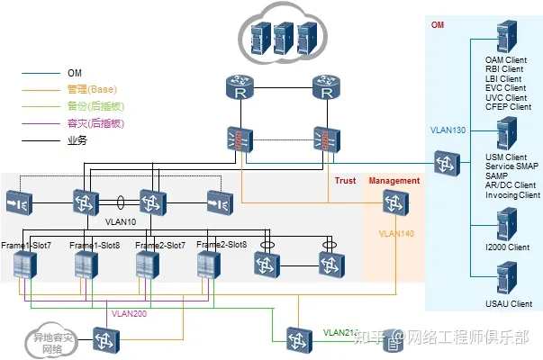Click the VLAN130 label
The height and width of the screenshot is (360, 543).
point(448,130)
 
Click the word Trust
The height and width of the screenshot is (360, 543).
point(345,181)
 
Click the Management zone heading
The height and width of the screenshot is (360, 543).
point(394,181)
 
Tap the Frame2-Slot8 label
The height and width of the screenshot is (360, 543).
point(221,245)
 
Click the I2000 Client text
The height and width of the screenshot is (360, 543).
point(508,246)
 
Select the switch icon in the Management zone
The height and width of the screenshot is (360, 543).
point(392,205)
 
